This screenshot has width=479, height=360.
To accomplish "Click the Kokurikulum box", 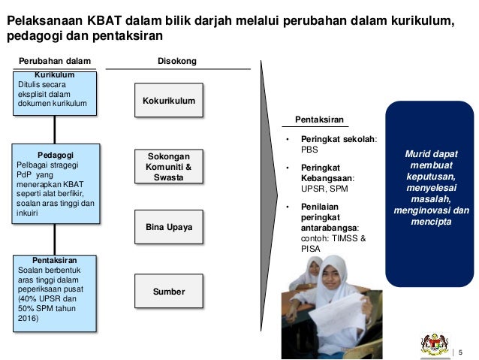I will [x=168, y=101].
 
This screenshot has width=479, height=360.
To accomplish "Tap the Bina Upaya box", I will [x=168, y=226].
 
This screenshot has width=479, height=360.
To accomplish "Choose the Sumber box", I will [x=168, y=292].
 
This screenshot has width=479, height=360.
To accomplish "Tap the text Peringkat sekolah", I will [x=338, y=139].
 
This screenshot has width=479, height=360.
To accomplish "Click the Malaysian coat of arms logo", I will [x=434, y=344].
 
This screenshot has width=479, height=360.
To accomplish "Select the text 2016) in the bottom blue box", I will [x=27, y=319].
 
